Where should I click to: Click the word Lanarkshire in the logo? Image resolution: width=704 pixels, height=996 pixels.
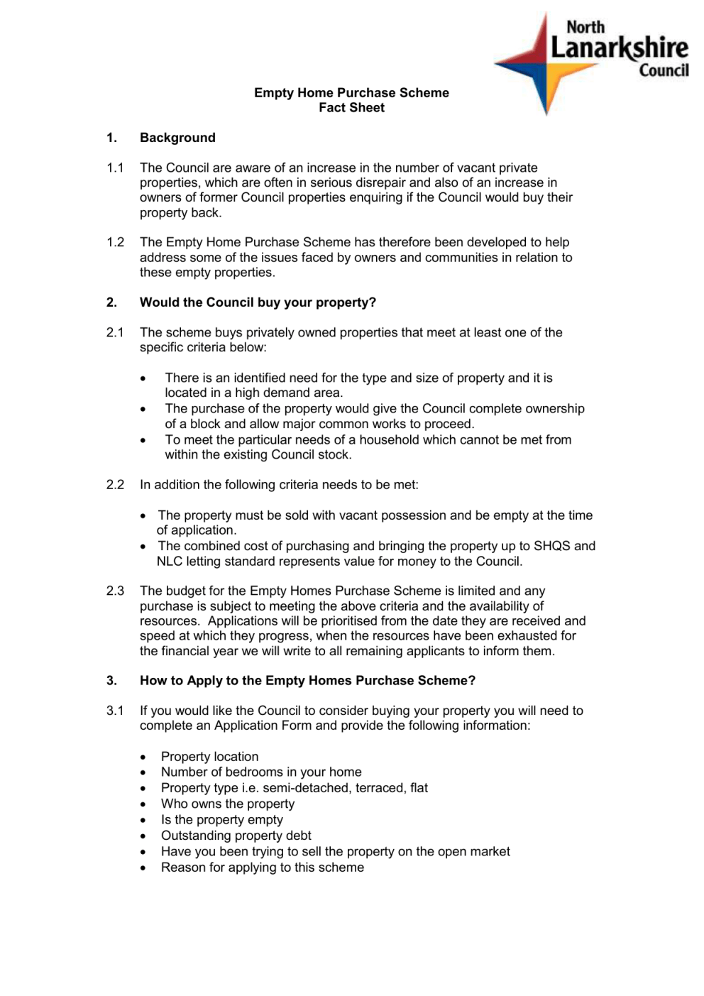(619, 48)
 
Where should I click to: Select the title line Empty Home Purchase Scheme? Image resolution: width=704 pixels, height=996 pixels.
(351, 93)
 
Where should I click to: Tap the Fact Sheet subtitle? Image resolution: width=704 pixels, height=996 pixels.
(351, 108)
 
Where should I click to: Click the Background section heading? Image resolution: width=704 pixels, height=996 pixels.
(177, 138)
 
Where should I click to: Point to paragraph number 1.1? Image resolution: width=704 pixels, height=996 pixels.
(115, 168)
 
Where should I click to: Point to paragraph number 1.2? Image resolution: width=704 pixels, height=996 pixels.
(115, 242)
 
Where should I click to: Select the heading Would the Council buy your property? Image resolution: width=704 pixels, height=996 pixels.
(258, 302)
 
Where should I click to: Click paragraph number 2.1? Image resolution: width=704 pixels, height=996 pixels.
(115, 332)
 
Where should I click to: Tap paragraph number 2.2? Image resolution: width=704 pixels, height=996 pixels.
(115, 485)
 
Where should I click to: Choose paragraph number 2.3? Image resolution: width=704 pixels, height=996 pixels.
(115, 591)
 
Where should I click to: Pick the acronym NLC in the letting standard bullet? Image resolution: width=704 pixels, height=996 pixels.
(170, 562)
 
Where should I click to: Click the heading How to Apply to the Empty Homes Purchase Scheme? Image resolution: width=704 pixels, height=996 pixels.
(307, 681)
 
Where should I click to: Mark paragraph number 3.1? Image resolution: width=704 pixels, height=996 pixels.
(115, 711)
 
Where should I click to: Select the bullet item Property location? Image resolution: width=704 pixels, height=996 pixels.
(209, 757)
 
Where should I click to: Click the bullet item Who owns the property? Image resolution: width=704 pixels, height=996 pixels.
(227, 804)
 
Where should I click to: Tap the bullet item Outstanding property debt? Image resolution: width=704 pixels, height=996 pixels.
(236, 836)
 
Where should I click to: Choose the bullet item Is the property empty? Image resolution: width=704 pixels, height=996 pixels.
(221, 819)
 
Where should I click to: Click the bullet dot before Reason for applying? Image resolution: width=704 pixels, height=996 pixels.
(143, 868)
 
